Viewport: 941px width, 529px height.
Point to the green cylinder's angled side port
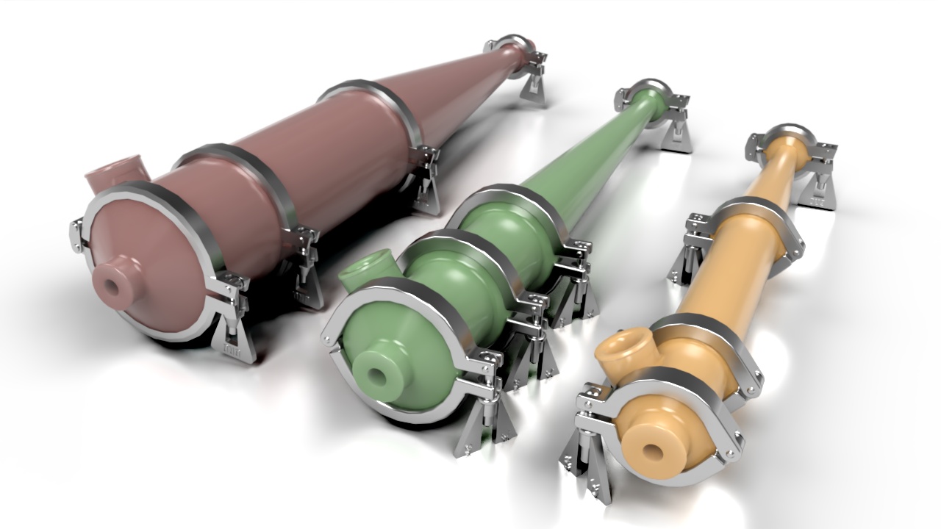pos(365,267)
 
